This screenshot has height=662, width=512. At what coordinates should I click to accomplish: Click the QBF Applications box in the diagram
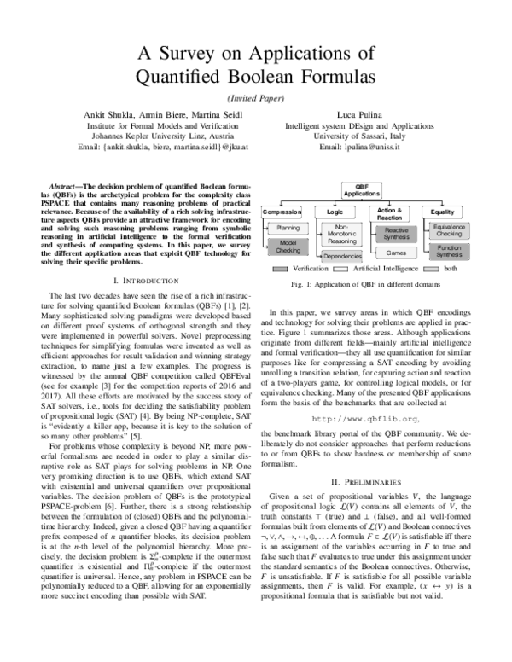tap(361, 190)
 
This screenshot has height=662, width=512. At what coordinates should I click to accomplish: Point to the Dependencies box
tap(341, 256)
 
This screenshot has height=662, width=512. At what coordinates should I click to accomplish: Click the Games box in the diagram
tap(395, 253)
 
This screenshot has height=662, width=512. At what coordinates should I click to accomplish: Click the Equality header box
tap(443, 211)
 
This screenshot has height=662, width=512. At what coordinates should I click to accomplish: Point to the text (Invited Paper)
tap(256, 98)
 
